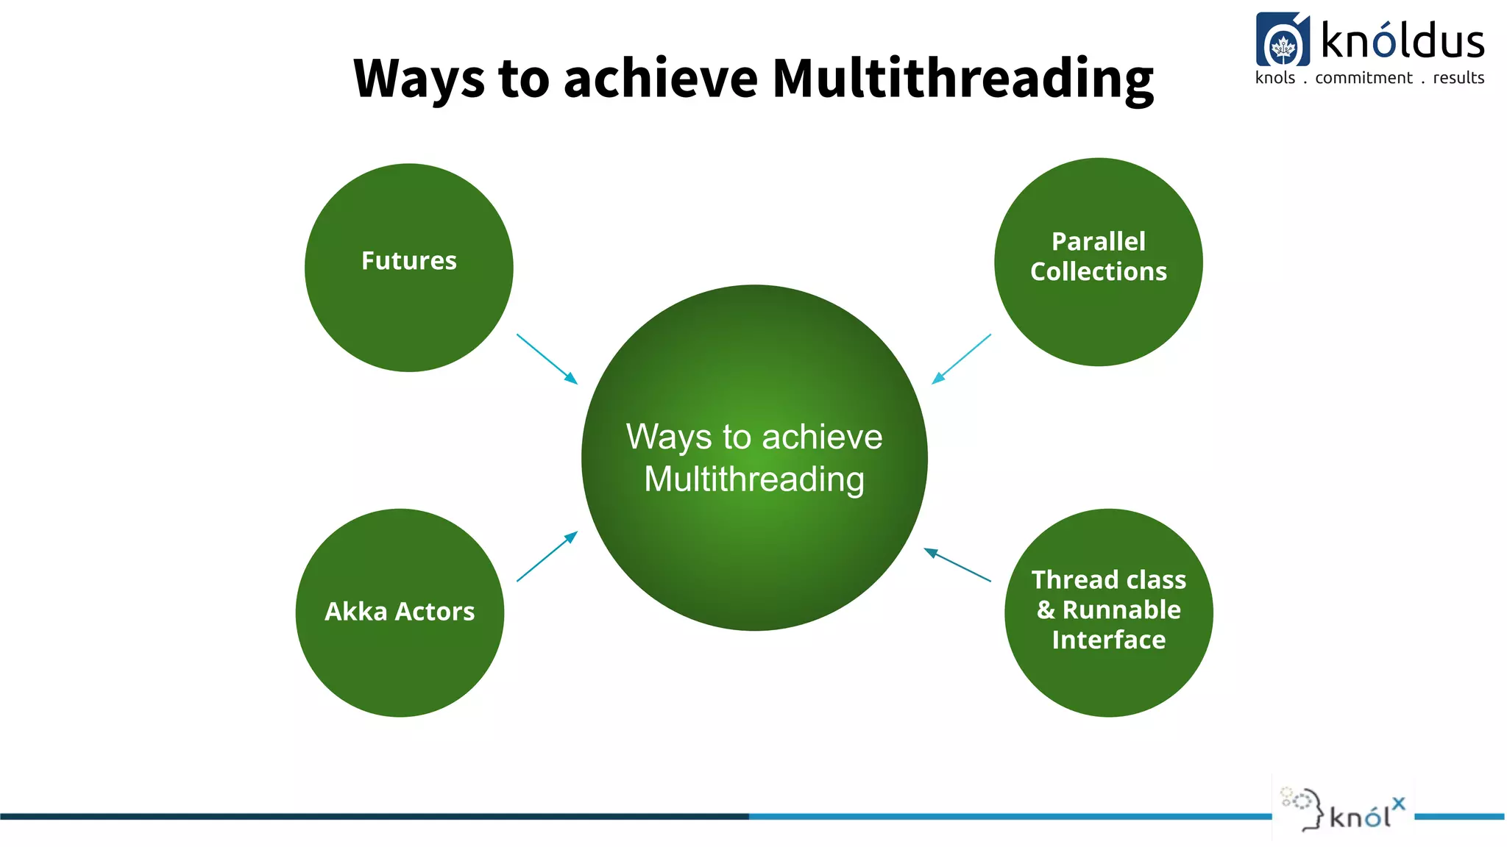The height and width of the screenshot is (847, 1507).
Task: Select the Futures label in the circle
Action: pos(409,261)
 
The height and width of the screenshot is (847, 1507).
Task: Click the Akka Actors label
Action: pos(400,612)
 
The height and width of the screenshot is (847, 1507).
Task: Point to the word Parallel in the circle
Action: pos(1099,241)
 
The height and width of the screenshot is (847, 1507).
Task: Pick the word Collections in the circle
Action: pos(1099,272)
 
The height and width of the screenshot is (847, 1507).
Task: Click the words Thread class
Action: pos(1109,580)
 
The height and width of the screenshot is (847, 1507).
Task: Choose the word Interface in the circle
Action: pos(1109,640)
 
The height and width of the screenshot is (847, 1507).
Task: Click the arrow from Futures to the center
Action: pos(547,359)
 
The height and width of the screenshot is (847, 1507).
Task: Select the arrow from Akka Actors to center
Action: pos(547,557)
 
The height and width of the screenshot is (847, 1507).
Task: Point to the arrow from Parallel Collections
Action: pos(961,359)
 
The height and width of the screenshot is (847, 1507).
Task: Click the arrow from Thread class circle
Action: pos(957,565)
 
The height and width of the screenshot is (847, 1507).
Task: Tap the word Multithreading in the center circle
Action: pos(754,479)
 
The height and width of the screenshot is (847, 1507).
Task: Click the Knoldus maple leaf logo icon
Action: pos(1283,40)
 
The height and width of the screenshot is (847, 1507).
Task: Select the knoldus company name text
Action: pos(1403,40)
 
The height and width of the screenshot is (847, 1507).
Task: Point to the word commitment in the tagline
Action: pos(1364,78)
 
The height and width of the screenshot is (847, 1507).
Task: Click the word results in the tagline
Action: pos(1458,78)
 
